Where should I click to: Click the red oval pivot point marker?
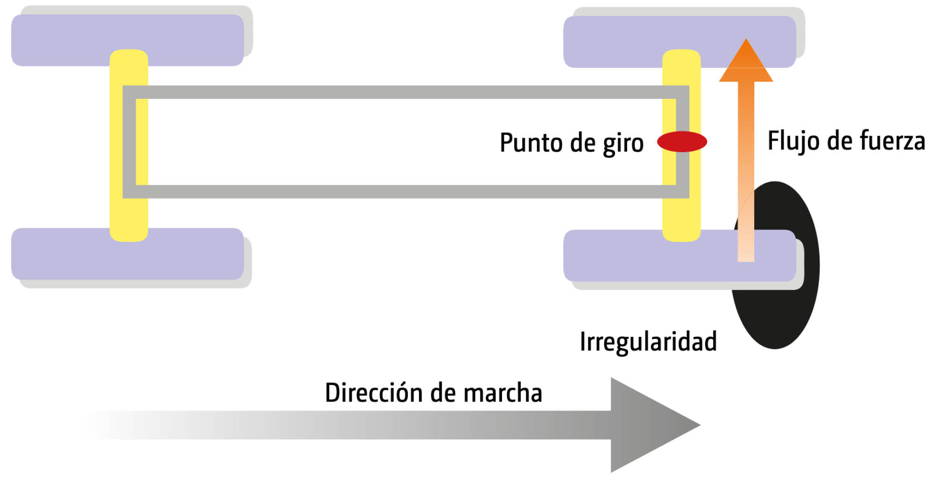[x=682, y=141]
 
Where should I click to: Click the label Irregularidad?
[x=648, y=341]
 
